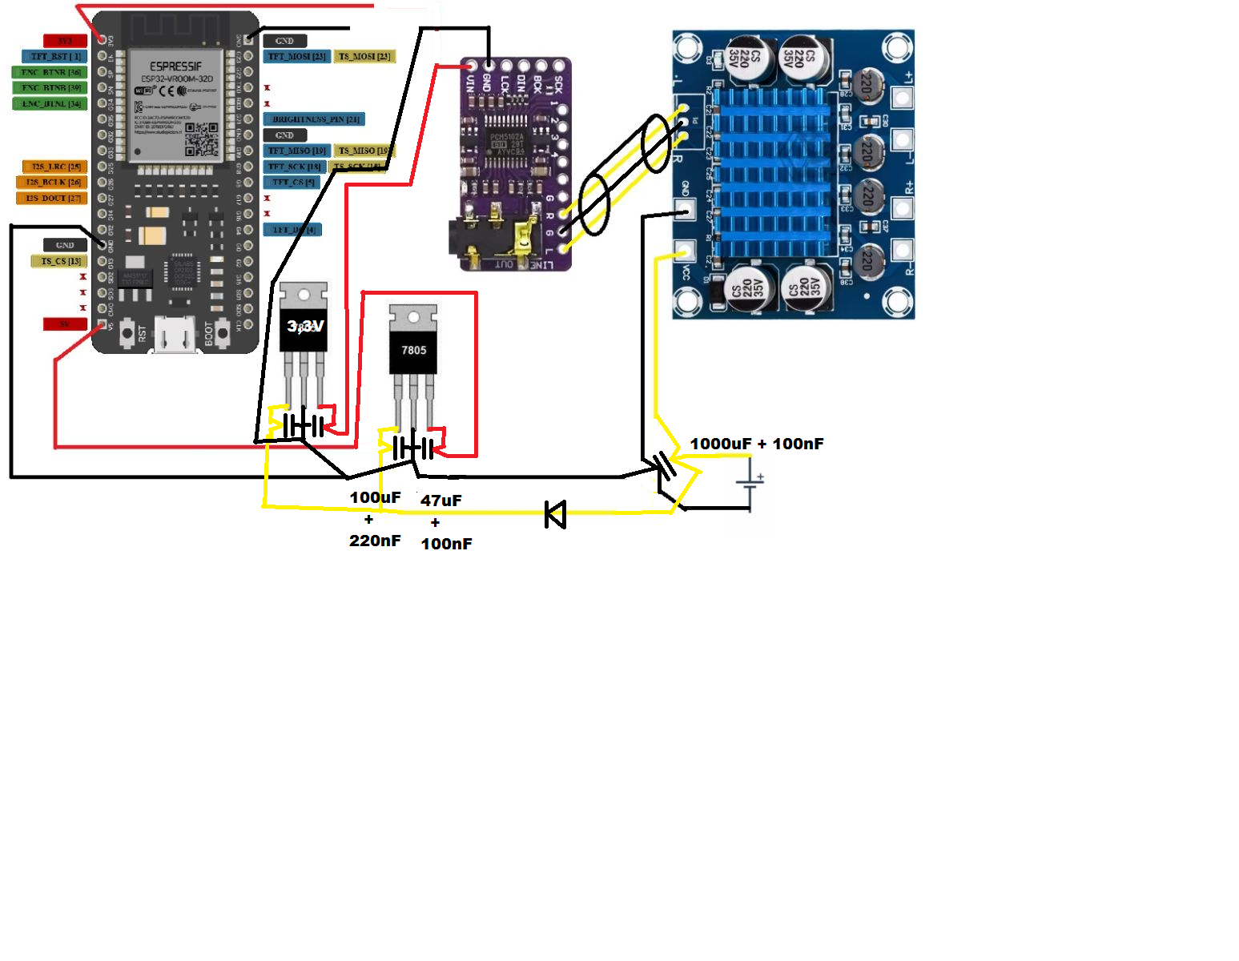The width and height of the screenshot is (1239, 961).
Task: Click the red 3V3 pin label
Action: (x=65, y=41)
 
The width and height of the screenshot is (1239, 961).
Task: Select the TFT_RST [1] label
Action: (x=54, y=56)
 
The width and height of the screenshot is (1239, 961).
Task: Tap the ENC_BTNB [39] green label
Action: (x=50, y=88)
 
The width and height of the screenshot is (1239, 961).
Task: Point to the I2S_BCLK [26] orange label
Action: (x=54, y=183)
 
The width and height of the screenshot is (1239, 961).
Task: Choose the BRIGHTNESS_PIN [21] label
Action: (x=315, y=119)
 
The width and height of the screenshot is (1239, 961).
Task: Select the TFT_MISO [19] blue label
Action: (x=296, y=151)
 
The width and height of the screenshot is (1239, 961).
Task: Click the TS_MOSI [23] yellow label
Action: (x=364, y=56)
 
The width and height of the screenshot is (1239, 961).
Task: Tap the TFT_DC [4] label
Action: (x=293, y=230)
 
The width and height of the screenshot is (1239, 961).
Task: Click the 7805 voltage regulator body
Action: (x=413, y=349)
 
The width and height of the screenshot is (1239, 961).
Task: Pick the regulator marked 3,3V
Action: (x=304, y=327)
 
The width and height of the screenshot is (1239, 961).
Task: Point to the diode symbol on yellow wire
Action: (x=555, y=514)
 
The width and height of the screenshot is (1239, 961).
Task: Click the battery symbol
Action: (x=750, y=482)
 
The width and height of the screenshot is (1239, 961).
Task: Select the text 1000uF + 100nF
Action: (x=756, y=444)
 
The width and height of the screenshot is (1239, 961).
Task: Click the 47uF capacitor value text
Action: (x=441, y=501)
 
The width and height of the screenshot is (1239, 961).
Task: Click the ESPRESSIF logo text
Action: (x=176, y=66)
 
